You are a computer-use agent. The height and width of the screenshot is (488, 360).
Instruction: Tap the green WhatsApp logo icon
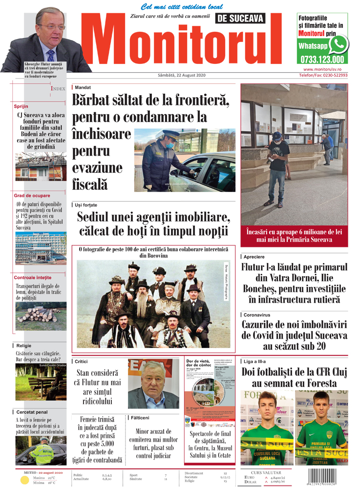click(339, 45)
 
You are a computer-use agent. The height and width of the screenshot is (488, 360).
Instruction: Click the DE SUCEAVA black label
click(240, 19)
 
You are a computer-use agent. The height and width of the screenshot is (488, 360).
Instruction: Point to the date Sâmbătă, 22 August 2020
click(182, 75)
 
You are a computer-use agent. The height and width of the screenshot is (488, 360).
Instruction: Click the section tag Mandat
click(83, 87)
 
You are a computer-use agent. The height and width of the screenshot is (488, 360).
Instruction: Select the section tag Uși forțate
click(86, 205)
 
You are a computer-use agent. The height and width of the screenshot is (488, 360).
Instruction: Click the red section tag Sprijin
click(21, 106)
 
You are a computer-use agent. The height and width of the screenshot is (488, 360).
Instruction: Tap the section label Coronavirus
click(257, 315)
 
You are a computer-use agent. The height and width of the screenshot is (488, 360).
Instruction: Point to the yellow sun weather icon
click(25, 480)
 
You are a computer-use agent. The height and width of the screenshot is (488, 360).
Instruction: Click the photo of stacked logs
click(41, 316)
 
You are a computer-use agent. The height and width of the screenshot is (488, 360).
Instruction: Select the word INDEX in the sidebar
click(58, 89)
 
